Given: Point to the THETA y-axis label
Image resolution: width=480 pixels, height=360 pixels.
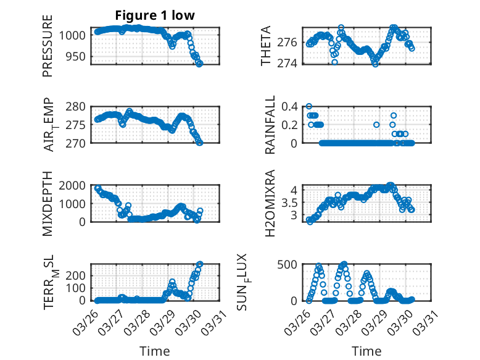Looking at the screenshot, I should [266, 46].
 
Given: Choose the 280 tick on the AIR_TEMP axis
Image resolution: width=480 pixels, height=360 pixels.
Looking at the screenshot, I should [81, 106].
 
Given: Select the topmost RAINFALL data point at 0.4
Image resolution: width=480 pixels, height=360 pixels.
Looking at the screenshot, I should [309, 106].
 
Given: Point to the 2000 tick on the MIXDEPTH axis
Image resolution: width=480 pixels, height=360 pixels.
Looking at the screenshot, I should [75, 185].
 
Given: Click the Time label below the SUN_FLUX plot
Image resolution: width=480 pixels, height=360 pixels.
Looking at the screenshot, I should [366, 351].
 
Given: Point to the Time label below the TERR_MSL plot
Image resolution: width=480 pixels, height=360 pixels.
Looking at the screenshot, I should [154, 351].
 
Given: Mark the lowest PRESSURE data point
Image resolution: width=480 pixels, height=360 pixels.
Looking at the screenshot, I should [200, 64].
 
